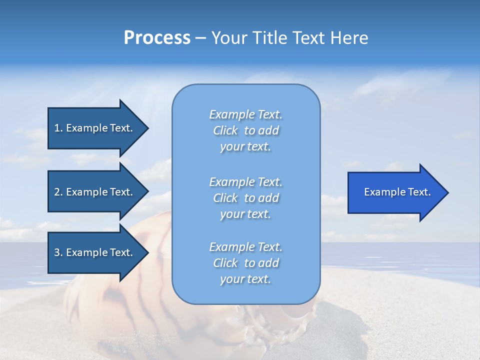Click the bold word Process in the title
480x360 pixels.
tap(157, 38)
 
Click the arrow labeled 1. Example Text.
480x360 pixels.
tap(95, 128)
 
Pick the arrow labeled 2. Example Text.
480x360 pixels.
tap(95, 192)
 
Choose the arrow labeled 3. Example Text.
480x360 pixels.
tap(95, 252)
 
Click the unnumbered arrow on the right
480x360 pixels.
tap(395, 192)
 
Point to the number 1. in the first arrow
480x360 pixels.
tap(58, 128)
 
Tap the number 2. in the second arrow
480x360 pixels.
tap(58, 192)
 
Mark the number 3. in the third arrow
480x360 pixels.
tap(58, 252)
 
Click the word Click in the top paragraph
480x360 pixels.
tap(225, 130)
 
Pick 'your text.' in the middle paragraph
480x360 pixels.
tap(245, 214)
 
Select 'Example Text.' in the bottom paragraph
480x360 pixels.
tap(245, 247)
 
